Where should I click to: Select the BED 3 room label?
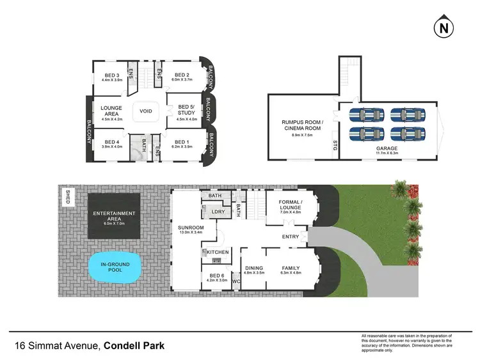point(113,75)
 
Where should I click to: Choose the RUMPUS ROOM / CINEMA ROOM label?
point(303,124)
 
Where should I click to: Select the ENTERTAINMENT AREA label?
point(114,215)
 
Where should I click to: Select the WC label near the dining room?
point(235,280)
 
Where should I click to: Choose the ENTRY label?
point(291,237)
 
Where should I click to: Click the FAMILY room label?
point(291,268)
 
